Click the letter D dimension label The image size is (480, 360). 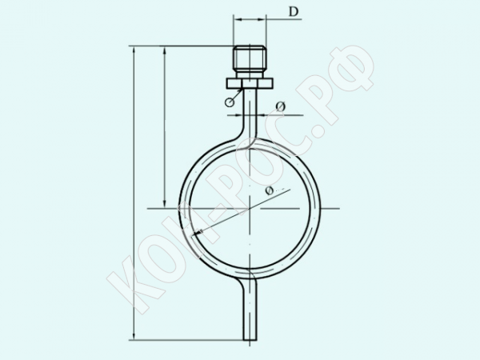pos(294,12)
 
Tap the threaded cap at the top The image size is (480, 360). pos(250,58)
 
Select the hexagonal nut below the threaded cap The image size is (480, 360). pos(249,83)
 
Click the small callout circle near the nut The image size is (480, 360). pos(229,102)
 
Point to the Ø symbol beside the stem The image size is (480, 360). pos(281,106)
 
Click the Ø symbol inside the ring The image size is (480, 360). pos(269,190)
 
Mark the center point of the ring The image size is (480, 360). pos(250,209)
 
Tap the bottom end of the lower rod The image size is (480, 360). pos(250,340)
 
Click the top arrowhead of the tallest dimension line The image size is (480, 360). pos(134,50)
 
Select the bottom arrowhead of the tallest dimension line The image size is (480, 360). pos(134,335)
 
